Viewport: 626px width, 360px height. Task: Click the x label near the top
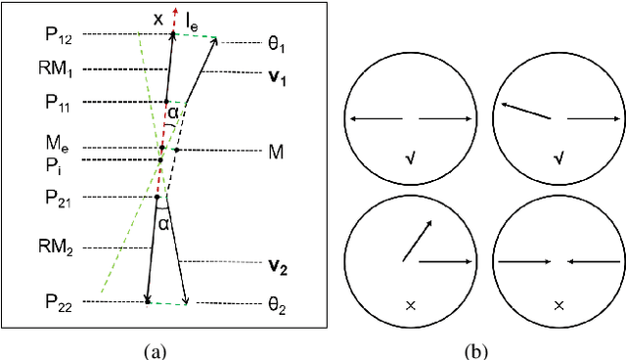[x=158, y=18]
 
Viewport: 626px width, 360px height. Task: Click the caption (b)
[x=477, y=349]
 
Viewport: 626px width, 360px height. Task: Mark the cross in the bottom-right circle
[x=559, y=305]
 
